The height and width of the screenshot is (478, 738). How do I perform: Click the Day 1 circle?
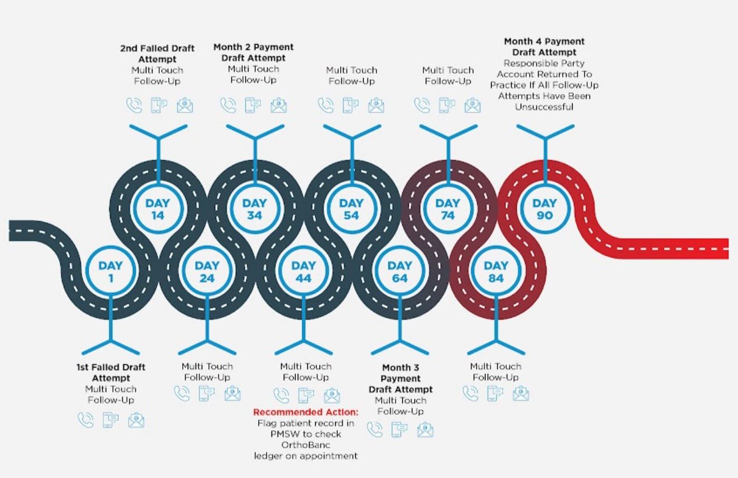tap(111, 271)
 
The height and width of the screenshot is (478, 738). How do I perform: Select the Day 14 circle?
tap(158, 209)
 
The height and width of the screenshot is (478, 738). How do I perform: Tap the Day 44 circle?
tap(303, 271)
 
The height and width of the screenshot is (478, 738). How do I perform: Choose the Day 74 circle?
tap(447, 209)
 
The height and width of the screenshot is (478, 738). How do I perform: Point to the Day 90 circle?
tap(544, 209)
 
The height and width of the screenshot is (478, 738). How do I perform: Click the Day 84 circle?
tap(496, 271)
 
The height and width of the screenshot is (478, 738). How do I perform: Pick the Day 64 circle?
tap(399, 271)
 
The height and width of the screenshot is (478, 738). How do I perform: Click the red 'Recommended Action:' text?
tap(306, 412)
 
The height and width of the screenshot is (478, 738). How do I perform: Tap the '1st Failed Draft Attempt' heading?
tap(111, 372)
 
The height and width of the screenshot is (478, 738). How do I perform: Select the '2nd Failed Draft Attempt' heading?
tap(158, 54)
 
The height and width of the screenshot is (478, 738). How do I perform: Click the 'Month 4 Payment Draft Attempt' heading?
tap(544, 46)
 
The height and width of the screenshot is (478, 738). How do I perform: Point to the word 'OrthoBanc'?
tap(306, 445)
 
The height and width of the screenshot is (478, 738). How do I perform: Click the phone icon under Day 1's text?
tap(85, 420)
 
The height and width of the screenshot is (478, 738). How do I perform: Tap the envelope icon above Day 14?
tap(185, 105)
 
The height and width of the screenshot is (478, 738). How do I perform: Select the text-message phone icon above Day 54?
tap(351, 105)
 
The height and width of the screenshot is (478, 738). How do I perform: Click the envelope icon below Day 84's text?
tap(521, 393)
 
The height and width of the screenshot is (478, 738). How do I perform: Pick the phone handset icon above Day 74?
tap(422, 105)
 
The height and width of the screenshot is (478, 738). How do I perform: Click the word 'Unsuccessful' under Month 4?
tap(544, 107)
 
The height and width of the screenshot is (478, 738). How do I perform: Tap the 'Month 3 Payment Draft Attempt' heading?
tap(400, 378)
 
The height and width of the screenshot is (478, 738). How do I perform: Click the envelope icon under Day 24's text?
tap(232, 393)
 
